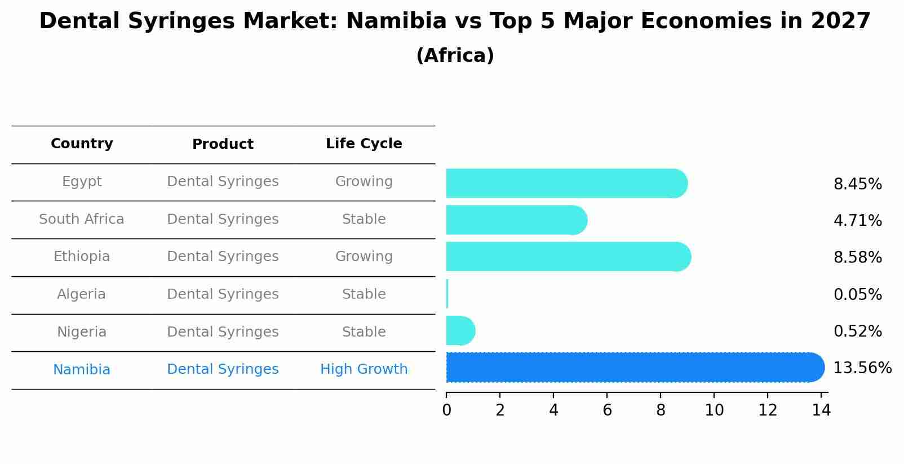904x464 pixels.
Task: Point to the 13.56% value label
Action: [x=862, y=368]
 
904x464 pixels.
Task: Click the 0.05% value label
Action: [x=857, y=294]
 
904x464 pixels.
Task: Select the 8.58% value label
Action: [x=857, y=258]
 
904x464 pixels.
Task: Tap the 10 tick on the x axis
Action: [x=714, y=410]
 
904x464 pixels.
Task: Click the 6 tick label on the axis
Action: [x=607, y=410]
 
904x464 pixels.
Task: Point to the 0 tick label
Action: [x=446, y=410]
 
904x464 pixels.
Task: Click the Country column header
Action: [x=82, y=144]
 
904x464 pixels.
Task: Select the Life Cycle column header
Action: [x=364, y=144]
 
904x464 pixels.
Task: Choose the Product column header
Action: [x=223, y=144]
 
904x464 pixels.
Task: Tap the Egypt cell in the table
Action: [x=82, y=182]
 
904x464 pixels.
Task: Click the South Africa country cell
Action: [x=82, y=219]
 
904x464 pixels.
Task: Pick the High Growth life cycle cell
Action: [x=364, y=369]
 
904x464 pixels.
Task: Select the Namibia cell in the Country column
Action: [x=82, y=370]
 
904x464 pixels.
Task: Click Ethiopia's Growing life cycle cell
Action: [x=364, y=257]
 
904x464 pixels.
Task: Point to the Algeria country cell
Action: [x=82, y=294]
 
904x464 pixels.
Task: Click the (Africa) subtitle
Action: [x=455, y=56]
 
